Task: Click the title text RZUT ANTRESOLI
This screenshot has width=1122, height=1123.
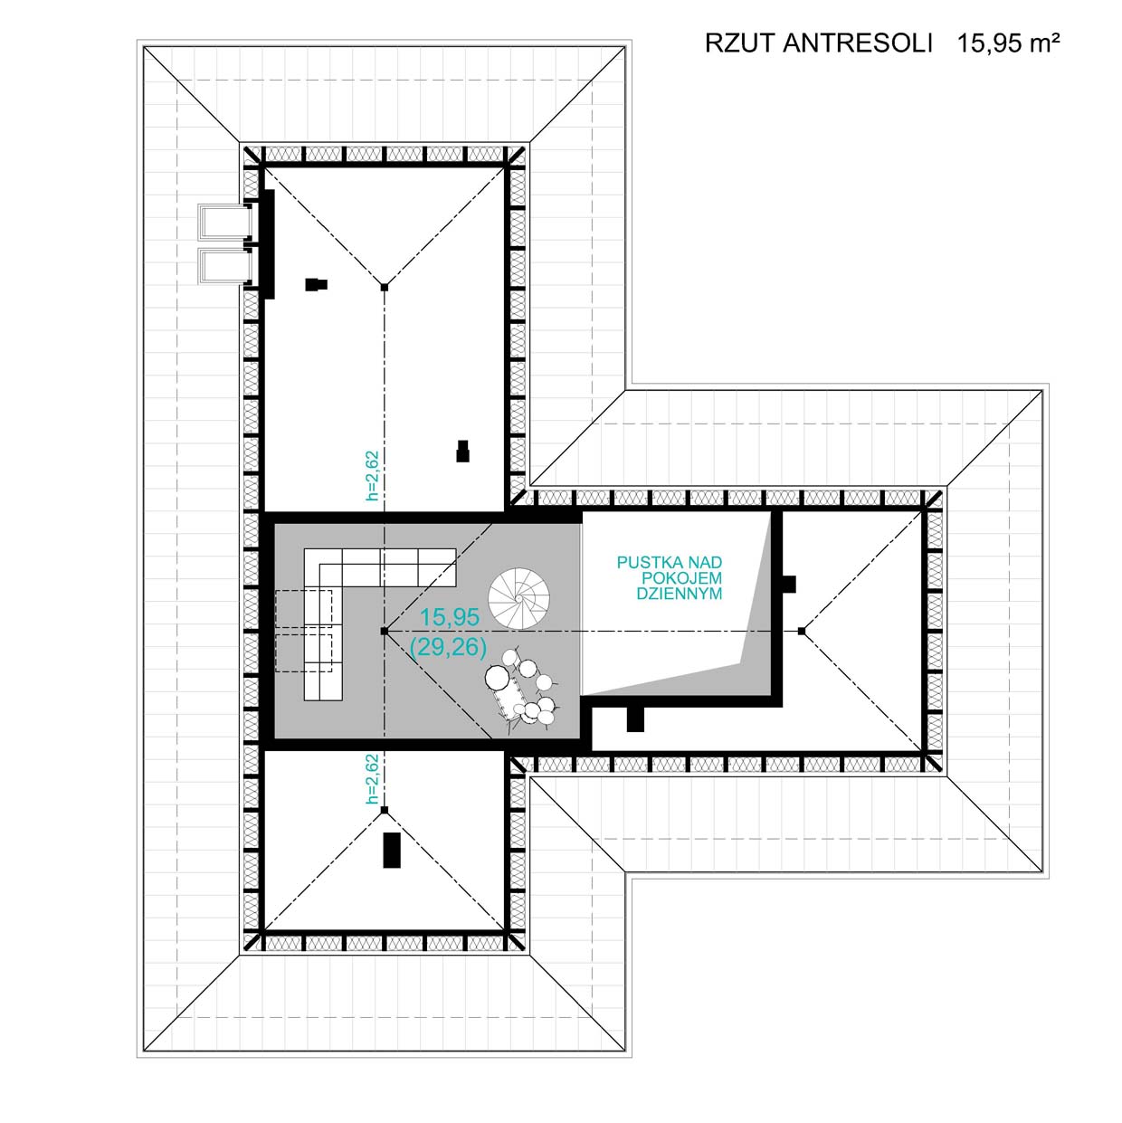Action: coord(818,43)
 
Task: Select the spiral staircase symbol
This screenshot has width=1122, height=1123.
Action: coord(518,598)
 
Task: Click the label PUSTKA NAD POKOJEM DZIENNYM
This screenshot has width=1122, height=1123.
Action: coord(670,578)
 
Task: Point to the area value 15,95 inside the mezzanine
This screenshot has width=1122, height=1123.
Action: coord(450,616)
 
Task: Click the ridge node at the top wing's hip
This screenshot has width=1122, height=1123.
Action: coord(384,287)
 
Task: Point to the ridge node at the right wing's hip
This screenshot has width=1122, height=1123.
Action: coord(802,631)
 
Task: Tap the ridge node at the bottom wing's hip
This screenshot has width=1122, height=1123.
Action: coord(384,810)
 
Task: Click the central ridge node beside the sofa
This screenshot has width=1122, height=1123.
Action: coord(384,631)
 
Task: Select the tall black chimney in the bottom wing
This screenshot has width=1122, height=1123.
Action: coord(392,851)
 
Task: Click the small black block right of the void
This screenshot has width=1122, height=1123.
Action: coord(788,584)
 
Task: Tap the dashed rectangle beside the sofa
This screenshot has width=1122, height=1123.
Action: coord(304,631)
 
